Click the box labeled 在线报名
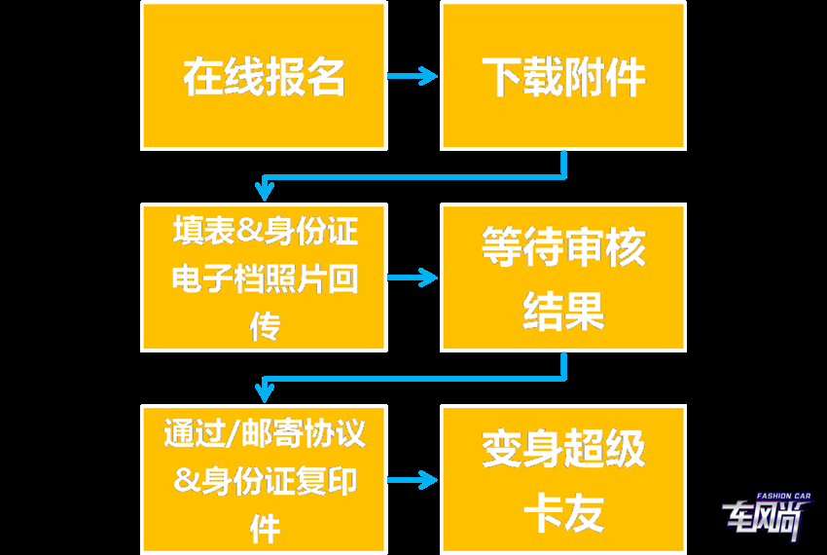pos(264,76)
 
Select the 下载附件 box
pos(563,76)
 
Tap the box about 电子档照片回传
pos(264,277)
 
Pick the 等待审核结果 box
pos(563,277)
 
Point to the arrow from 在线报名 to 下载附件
pos(413,76)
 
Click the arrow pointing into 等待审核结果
pos(413,278)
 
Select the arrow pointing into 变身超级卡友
pos(413,480)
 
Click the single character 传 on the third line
pos(264,327)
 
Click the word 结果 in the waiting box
pos(563,312)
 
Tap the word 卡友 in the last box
pos(563,513)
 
